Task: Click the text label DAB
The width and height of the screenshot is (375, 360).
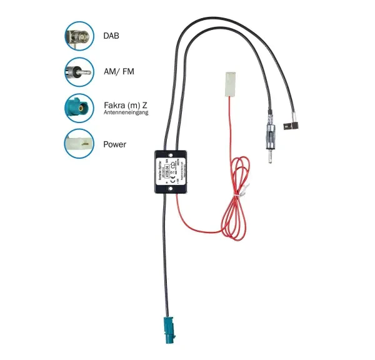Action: tap(111, 37)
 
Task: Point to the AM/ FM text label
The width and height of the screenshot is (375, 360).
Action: tap(118, 72)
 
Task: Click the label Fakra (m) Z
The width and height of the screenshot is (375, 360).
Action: tap(125, 104)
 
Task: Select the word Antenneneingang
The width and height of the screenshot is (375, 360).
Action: tap(125, 112)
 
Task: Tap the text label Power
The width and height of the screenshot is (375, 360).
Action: tap(114, 144)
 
